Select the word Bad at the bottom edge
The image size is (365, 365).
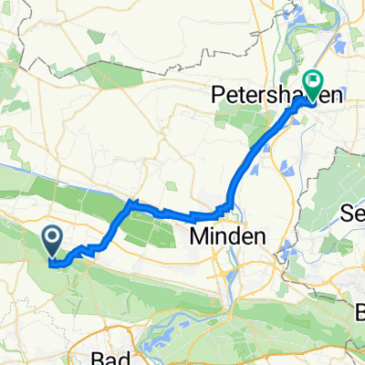coord(112,357)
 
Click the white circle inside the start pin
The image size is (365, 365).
coord(54,239)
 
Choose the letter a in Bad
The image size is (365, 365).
coord(114,357)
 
